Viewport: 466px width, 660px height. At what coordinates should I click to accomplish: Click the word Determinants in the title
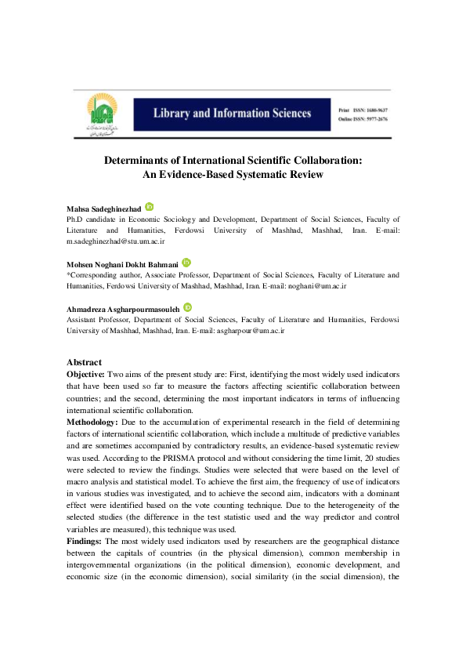136,161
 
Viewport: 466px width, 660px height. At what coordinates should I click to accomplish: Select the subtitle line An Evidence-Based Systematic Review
233,175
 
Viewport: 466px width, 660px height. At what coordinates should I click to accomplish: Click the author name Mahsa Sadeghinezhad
103,209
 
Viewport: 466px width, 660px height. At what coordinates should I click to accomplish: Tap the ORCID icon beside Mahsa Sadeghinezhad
150,207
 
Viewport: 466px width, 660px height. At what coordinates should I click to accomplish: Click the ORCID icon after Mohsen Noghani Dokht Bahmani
186,263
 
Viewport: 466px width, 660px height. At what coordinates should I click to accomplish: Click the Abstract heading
85,362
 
